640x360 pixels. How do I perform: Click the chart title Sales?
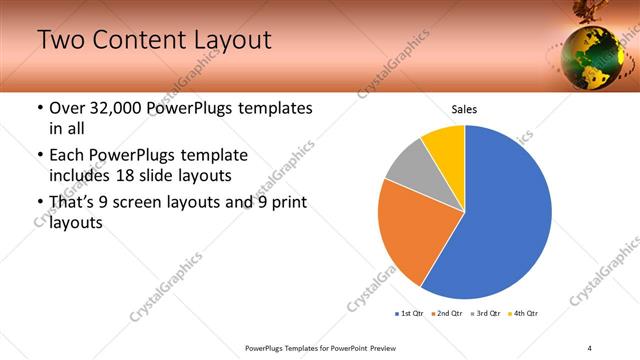tap(464, 108)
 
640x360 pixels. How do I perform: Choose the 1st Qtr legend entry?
tap(410, 314)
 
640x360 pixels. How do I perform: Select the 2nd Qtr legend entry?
tap(448, 314)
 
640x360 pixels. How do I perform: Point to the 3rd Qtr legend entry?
tap(487, 314)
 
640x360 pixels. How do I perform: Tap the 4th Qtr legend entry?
tap(526, 314)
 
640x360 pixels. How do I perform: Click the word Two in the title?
tap(59, 41)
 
